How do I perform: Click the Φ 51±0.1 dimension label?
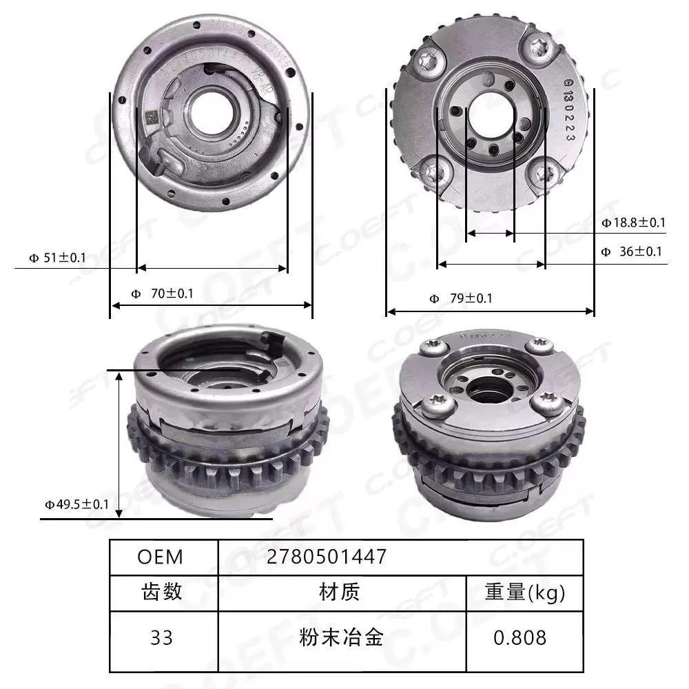click(x=57, y=258)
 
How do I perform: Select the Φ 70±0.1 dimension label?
click(x=163, y=294)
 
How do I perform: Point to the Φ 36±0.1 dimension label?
click(x=631, y=251)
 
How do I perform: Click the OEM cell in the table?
click(x=161, y=557)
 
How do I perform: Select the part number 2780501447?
click(x=327, y=557)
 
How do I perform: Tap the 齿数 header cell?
click(x=161, y=592)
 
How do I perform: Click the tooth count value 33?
click(x=161, y=638)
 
